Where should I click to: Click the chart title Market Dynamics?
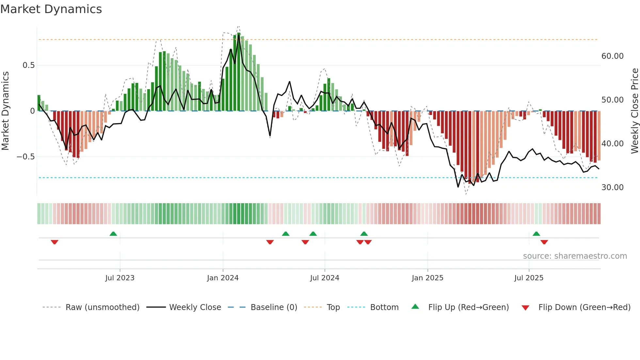tap(51, 9)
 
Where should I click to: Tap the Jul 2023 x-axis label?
tap(120, 278)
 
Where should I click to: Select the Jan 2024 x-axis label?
tap(223, 278)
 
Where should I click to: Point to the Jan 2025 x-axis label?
tap(427, 278)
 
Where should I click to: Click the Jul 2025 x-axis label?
tap(529, 278)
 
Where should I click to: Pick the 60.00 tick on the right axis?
tap(612, 56)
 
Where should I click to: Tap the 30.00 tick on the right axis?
tap(612, 188)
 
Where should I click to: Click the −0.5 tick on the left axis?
tap(25, 157)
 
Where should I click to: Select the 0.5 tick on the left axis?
tap(28, 65)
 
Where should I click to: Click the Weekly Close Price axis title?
tap(634, 110)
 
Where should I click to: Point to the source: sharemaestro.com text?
tap(575, 256)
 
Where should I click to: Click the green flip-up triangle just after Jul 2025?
tap(536, 234)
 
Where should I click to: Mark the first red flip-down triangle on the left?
tap(55, 242)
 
